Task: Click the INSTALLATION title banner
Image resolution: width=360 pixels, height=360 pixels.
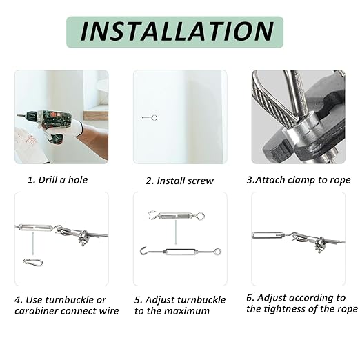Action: coord(174,32)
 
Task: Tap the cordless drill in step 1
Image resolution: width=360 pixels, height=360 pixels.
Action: coord(46,124)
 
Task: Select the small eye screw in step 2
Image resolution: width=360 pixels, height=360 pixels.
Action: coord(150,118)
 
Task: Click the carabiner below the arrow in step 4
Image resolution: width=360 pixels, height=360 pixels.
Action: coord(33,262)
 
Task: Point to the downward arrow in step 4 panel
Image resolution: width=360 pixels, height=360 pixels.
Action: coord(33,243)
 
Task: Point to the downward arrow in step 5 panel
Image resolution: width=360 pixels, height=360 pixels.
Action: coord(176,232)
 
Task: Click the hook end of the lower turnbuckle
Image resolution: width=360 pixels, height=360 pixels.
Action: coord(143,250)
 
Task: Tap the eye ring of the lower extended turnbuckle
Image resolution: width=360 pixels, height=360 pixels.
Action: coord(217,251)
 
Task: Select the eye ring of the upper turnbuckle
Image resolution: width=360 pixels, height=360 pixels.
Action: coord(200,216)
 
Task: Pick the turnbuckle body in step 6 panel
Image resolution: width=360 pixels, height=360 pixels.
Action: coord(267,235)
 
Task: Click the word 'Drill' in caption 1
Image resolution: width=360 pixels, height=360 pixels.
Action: coord(48,180)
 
